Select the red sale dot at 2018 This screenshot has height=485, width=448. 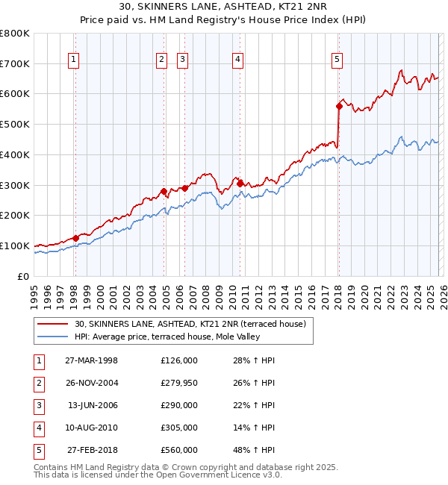click(x=339, y=106)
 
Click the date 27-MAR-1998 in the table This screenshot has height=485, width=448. click(x=91, y=360)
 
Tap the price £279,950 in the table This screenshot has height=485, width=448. click(x=179, y=383)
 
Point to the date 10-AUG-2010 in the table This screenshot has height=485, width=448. click(x=91, y=428)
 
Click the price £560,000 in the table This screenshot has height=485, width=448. click(x=179, y=450)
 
